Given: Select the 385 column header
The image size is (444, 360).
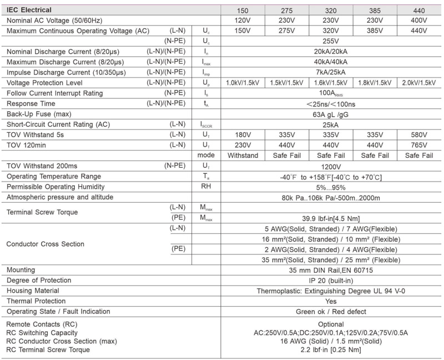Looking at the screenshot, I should [374, 10].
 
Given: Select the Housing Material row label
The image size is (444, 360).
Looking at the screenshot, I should [34, 291].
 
